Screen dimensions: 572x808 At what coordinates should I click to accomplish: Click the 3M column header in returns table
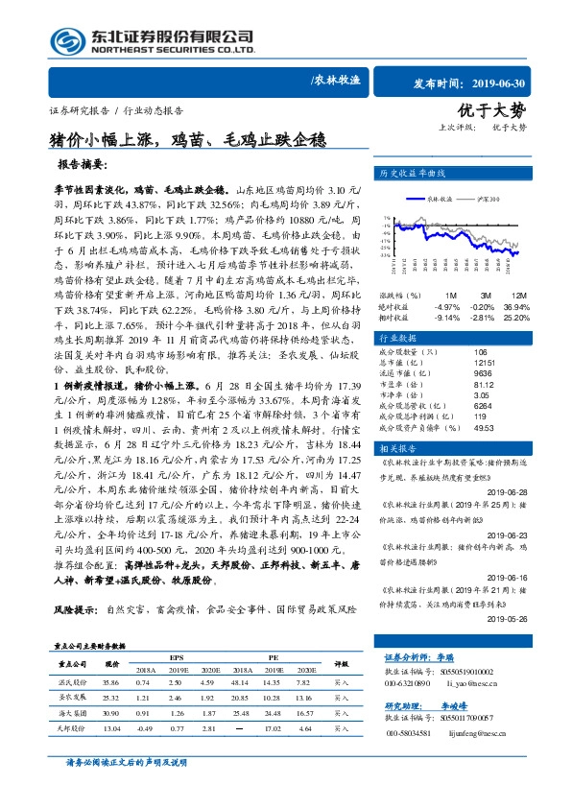pyautogui.click(x=482, y=296)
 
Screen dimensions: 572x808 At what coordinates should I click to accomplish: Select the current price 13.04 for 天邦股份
pyautogui.click(x=111, y=728)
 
